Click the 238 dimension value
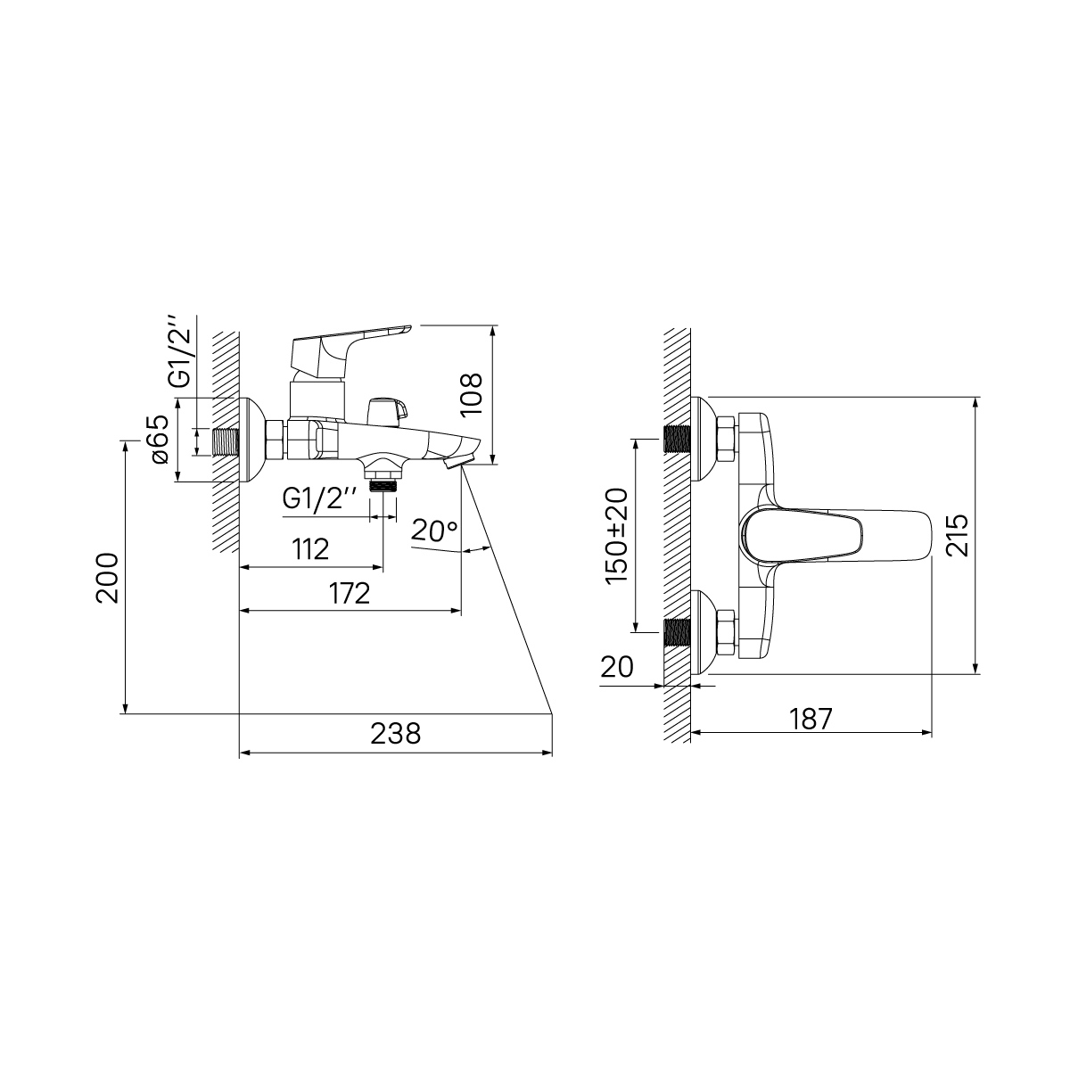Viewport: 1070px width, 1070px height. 395,734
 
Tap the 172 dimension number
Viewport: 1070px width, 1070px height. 350,594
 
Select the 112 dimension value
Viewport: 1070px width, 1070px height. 310,550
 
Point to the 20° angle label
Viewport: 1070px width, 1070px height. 434,531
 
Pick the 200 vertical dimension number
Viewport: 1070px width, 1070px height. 107,578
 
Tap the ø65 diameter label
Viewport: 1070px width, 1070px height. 157,440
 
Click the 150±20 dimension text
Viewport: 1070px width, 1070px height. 617,536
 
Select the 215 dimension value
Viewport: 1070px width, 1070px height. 958,536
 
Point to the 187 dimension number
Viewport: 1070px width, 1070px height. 811,719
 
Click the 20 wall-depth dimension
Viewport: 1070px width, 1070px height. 617,667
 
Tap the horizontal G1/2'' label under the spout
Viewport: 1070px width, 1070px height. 319,499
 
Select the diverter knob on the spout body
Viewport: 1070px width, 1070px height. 387,410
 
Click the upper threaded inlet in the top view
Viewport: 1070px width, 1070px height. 677,440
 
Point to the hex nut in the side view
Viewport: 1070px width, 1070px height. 276,440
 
